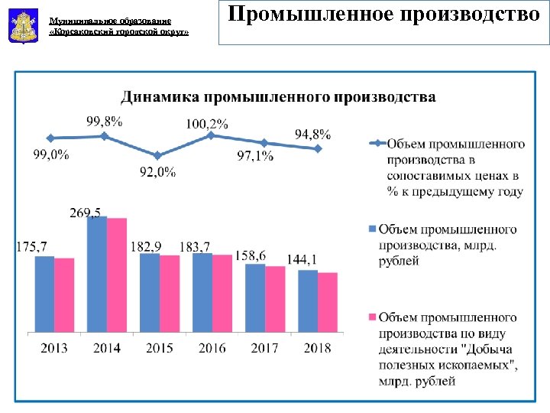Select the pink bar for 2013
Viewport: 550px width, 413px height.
(x=65, y=294)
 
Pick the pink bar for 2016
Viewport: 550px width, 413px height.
(x=222, y=293)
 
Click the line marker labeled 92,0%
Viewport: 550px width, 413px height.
(x=157, y=155)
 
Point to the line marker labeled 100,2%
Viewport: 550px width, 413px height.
(x=211, y=135)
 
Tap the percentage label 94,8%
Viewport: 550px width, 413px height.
(x=312, y=134)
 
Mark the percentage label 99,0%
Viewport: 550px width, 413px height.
(x=51, y=154)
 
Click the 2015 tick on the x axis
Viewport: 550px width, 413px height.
(x=159, y=348)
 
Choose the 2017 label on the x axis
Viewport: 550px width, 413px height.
(x=264, y=348)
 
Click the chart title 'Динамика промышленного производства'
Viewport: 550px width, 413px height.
(x=278, y=97)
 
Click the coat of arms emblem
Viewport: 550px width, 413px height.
(x=21, y=25)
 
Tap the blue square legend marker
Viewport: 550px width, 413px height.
(x=372, y=229)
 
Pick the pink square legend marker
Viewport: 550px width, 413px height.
(x=372, y=317)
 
